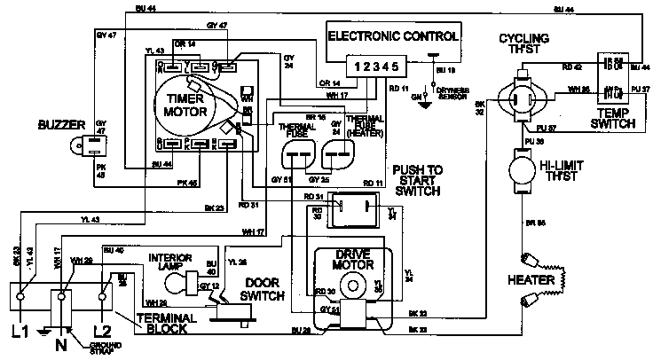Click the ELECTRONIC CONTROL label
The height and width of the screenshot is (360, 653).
pos(393,37)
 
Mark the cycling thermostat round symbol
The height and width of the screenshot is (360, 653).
pos(522,98)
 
